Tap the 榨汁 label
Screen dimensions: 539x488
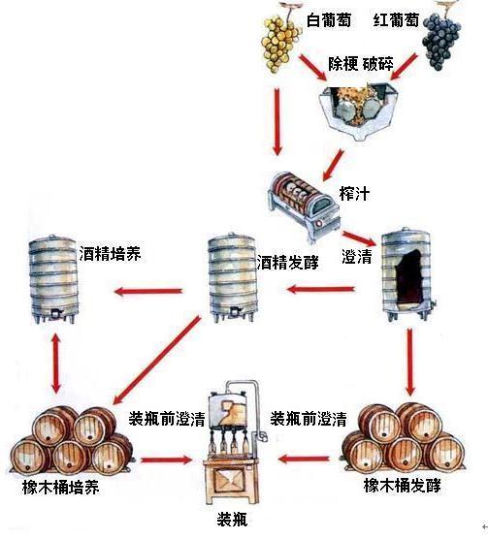(355, 195)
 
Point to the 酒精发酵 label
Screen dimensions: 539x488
(289, 262)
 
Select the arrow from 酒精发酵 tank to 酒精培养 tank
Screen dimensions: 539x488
(148, 289)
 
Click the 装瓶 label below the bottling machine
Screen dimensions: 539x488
(234, 519)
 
